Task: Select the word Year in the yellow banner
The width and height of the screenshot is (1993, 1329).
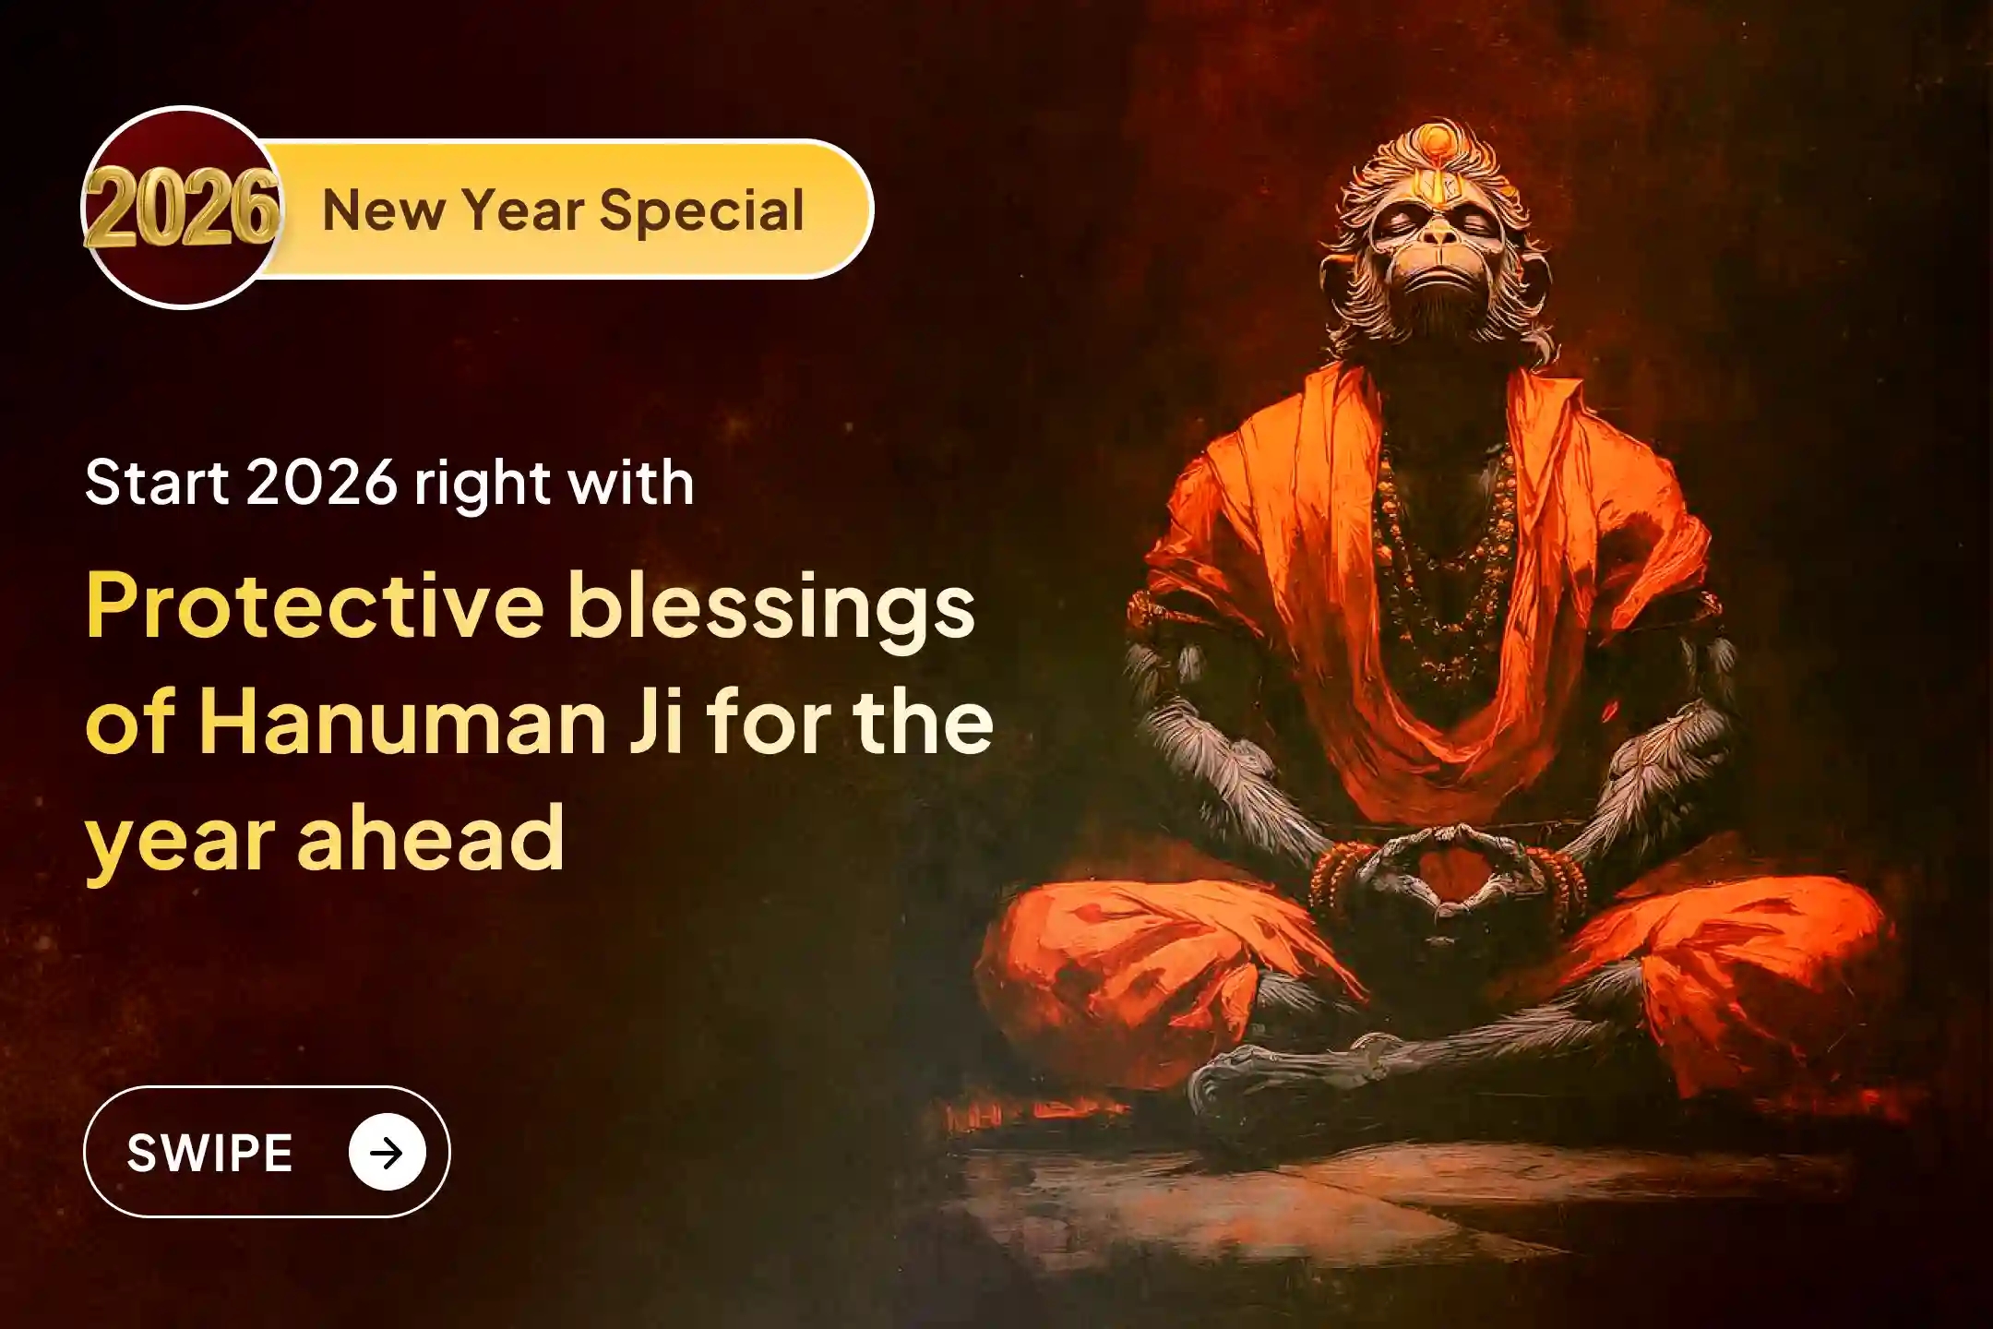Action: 521,210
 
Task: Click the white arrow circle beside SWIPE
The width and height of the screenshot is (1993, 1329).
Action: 387,1152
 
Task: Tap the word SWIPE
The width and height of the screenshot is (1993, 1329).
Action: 209,1153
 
